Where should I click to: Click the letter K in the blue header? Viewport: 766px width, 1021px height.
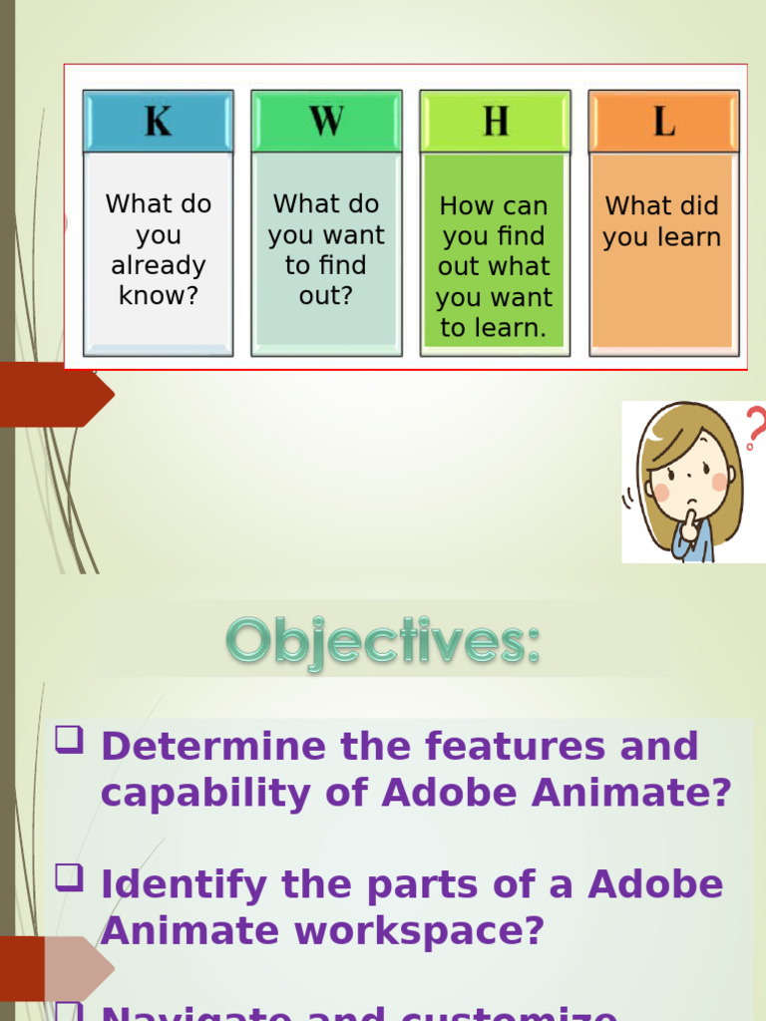tap(158, 122)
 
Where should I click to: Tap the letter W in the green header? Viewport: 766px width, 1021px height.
tap(326, 122)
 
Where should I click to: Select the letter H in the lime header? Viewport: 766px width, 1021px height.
tap(495, 122)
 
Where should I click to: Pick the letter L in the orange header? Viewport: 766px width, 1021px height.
tap(663, 122)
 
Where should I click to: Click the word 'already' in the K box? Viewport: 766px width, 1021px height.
tap(158, 266)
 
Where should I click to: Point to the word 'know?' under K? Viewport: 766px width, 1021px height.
tap(158, 296)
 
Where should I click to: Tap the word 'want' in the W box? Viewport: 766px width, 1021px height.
tap(351, 236)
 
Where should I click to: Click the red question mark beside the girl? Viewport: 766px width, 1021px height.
tap(755, 428)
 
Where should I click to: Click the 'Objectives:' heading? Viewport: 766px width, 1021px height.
tap(383, 641)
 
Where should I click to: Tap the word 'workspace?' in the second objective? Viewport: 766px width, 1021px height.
tap(419, 931)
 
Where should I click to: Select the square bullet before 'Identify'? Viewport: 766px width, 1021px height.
tap(69, 878)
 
